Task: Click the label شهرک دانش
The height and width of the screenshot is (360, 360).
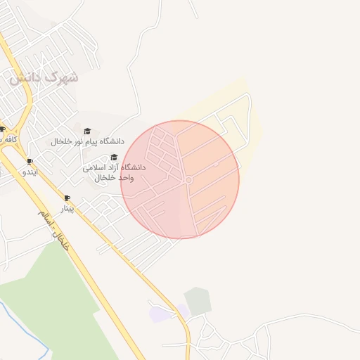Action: click(x=44, y=78)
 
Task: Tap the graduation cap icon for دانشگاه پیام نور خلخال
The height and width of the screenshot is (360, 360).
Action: click(x=87, y=131)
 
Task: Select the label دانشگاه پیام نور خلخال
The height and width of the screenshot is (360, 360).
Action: click(x=87, y=141)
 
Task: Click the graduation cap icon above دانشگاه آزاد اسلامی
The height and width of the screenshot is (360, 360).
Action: click(x=114, y=157)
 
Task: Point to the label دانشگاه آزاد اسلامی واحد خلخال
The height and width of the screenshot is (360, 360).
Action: click(x=114, y=172)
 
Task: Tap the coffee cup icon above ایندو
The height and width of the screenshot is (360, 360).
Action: click(x=30, y=161)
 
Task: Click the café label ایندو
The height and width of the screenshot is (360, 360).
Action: click(x=30, y=171)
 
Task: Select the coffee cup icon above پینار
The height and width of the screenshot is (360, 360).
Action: click(x=67, y=198)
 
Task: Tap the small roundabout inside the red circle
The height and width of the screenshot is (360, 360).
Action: click(x=188, y=181)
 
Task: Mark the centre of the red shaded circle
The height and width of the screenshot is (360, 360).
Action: click(x=180, y=179)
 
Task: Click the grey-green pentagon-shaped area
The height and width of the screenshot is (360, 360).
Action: click(x=198, y=301)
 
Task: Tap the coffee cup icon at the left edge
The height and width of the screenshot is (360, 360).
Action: click(x=3, y=129)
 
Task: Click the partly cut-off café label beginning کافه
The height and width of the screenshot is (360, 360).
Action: click(x=8, y=139)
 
